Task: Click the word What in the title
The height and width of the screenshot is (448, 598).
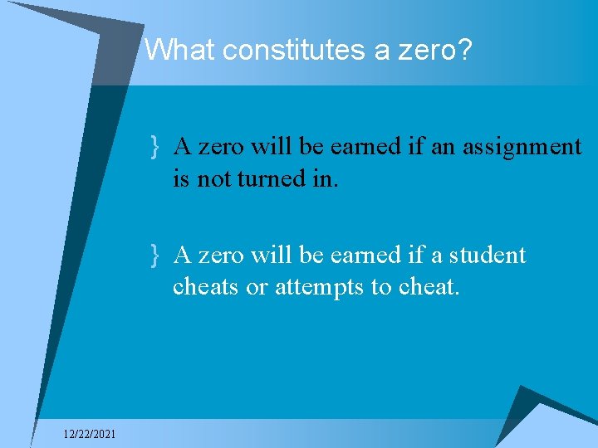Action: [x=175, y=51]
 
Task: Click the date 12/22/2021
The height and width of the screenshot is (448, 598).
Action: [x=90, y=434]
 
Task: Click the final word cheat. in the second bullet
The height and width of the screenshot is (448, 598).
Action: [x=429, y=287]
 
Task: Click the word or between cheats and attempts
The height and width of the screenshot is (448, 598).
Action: [x=258, y=287]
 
